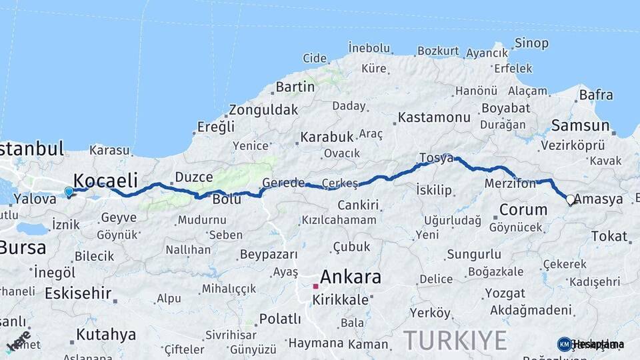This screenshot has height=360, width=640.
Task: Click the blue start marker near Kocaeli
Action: pos(69,193)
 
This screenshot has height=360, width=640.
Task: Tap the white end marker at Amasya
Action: pos(570,199)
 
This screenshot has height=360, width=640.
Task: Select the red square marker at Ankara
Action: pos(315,287)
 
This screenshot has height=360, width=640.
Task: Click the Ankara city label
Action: pos(351,277)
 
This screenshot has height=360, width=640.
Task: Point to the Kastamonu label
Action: pos(434,117)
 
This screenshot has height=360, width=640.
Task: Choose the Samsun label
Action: pos(580,125)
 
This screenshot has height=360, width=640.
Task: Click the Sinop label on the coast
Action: pos(531,43)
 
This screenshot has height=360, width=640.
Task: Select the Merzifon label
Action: pos(510,183)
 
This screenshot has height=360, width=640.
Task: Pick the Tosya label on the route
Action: pos(436,158)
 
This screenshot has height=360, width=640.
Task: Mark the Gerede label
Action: pos(283,182)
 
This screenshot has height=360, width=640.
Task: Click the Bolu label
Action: pos(226,199)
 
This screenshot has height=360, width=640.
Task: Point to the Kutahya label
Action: pos(105,334)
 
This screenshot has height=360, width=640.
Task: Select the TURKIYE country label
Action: pos(455,340)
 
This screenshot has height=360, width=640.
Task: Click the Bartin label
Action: pos(295,87)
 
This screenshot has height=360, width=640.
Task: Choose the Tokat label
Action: pos(609,236)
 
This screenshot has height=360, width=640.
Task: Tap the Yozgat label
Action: pos(505,293)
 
